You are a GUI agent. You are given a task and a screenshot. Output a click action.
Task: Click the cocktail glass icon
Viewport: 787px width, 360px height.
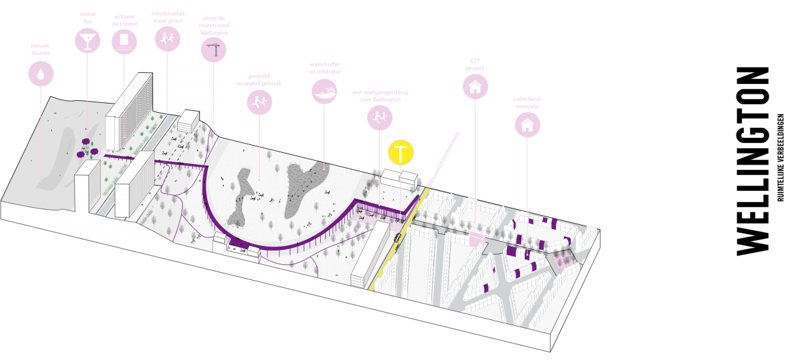(86, 42)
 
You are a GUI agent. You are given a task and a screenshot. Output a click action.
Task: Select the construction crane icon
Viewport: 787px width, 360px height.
(212, 50)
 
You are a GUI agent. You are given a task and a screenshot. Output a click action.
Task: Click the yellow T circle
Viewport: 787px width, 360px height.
(401, 153)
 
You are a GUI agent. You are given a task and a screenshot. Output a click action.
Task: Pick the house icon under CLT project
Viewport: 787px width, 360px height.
(475, 86)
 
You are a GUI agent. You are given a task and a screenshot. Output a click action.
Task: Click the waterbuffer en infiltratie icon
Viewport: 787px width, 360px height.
(325, 93)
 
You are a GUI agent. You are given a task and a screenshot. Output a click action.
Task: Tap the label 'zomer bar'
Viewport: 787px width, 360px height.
(87, 16)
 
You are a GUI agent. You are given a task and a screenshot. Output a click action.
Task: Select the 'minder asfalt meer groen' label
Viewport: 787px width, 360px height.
(167, 16)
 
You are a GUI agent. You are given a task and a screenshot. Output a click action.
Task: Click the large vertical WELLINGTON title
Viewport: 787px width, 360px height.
(753, 161)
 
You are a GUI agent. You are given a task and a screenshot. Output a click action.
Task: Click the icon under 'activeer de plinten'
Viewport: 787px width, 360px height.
(123, 42)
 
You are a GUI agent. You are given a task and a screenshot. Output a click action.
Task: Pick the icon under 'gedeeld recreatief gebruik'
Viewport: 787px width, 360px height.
(260, 102)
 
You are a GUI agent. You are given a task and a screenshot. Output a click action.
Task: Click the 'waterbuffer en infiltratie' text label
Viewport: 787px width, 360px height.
(325, 68)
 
